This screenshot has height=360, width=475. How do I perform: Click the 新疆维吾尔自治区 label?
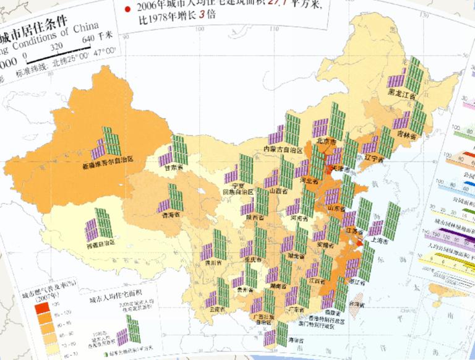(x=116, y=166)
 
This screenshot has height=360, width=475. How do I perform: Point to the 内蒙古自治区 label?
(x=283, y=150)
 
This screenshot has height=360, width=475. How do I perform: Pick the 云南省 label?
(x=216, y=307)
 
